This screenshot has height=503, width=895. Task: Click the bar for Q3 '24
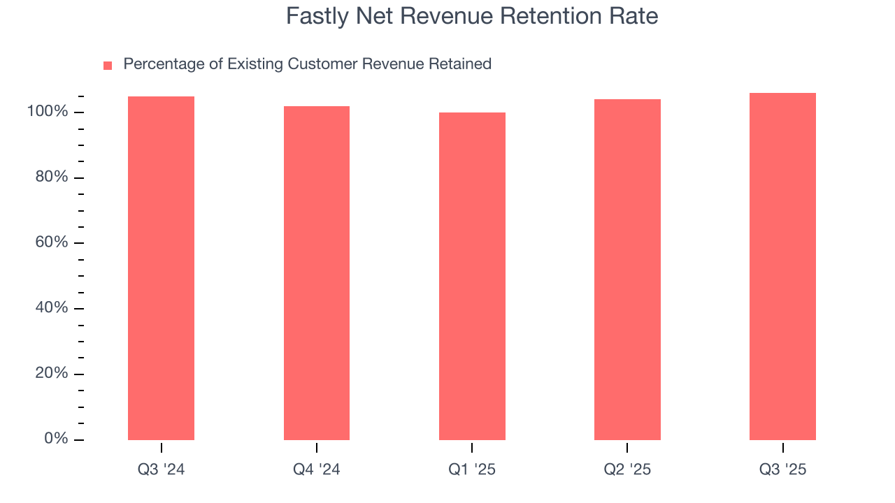click(x=161, y=268)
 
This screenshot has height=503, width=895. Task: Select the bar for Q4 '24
click(x=316, y=273)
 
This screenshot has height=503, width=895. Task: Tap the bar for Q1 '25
click(x=472, y=276)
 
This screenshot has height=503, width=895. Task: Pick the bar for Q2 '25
click(x=627, y=270)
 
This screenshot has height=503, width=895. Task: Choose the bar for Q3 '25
click(x=782, y=266)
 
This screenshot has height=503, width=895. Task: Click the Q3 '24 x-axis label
click(x=161, y=469)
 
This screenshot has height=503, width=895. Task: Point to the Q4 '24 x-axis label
click(x=316, y=469)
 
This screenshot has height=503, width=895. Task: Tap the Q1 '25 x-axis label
click(x=472, y=469)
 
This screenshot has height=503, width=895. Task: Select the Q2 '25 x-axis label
click(x=627, y=469)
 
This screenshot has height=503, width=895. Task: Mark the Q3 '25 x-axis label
click(x=782, y=469)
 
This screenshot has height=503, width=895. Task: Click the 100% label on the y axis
click(x=47, y=112)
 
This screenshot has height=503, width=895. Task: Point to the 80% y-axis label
click(x=51, y=177)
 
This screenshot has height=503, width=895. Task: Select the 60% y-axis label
click(x=51, y=242)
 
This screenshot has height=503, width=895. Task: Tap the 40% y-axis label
click(x=51, y=308)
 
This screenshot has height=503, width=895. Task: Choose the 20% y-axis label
click(x=51, y=373)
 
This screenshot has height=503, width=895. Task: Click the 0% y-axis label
click(x=55, y=439)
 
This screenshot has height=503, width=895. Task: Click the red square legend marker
click(x=108, y=66)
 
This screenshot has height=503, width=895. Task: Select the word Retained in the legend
click(x=461, y=64)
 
